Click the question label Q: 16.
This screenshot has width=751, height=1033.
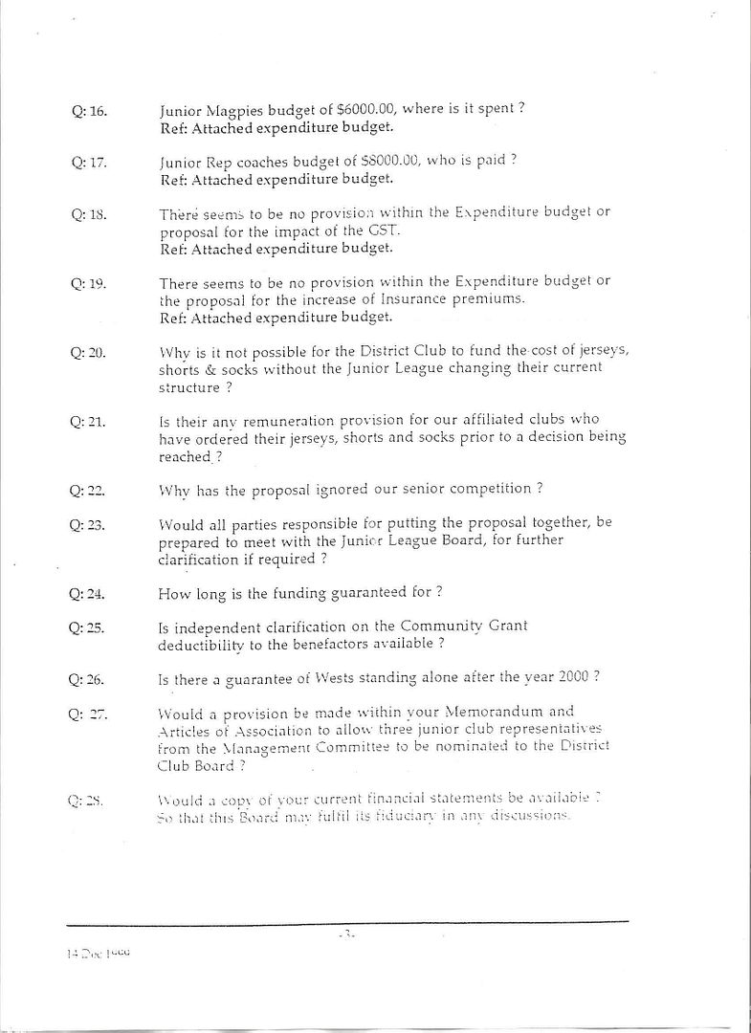(x=89, y=111)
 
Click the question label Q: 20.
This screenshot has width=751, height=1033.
(x=89, y=353)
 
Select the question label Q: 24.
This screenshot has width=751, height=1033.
(x=89, y=593)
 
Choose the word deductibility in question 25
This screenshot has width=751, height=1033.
(x=201, y=644)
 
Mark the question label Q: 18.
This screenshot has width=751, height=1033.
(x=89, y=214)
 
